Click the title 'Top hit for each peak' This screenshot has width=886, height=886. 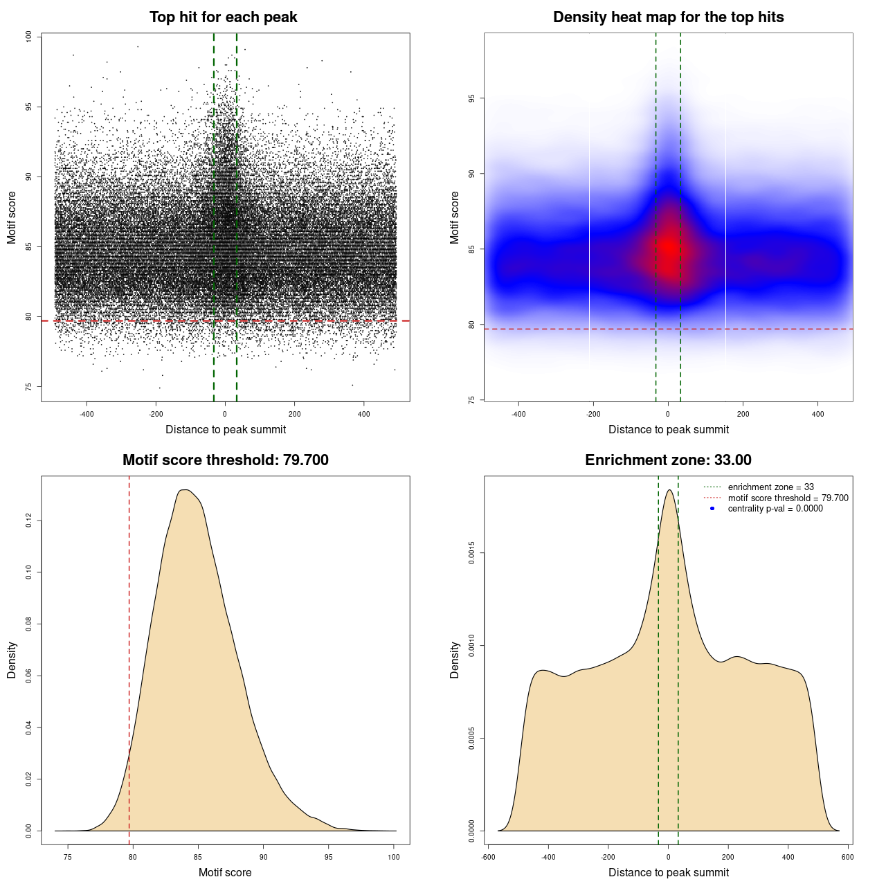[x=224, y=17]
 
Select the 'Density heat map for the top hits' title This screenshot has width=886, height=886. [x=668, y=17]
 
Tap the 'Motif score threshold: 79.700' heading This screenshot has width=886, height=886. [x=225, y=460]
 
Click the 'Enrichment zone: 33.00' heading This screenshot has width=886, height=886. [x=668, y=460]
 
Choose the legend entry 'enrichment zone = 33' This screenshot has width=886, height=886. [x=770, y=487]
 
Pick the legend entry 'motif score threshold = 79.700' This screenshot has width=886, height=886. [x=788, y=498]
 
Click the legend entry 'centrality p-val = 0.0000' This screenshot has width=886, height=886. [x=775, y=509]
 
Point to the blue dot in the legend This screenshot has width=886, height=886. [x=712, y=509]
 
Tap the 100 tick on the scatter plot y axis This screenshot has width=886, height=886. [x=29, y=37]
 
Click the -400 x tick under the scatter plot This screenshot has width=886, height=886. [x=87, y=414]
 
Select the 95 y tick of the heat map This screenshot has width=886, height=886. [x=471, y=98]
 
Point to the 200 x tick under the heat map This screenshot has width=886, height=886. [x=743, y=414]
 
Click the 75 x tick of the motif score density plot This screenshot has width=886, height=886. [x=68, y=857]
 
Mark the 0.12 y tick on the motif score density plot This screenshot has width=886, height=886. [x=29, y=521]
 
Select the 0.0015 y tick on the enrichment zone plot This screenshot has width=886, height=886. [x=471, y=553]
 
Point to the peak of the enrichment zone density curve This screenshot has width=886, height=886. [x=669, y=490]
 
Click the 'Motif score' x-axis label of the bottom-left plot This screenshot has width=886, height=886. [x=225, y=872]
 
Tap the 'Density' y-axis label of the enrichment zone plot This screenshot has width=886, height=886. [x=455, y=660]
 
